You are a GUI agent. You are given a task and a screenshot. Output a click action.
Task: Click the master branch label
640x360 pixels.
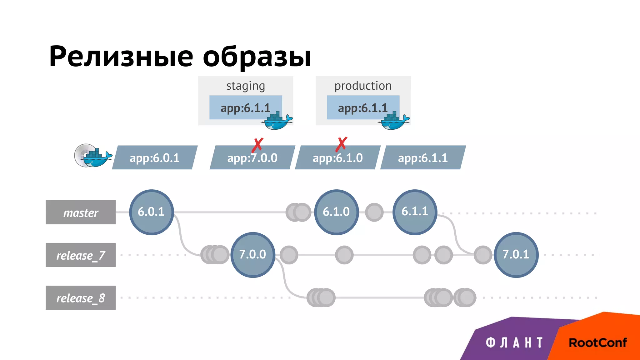point(81,212)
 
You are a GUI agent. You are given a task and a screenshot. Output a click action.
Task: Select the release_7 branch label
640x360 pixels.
point(81,255)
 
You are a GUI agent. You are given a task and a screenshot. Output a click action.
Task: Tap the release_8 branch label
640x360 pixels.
point(81,298)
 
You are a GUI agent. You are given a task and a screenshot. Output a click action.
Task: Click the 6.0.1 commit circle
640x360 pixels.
point(152,212)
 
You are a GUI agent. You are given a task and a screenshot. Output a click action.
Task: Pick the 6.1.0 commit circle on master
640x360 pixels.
point(336,212)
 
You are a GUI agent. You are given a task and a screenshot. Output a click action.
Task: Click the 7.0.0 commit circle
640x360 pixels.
point(253,254)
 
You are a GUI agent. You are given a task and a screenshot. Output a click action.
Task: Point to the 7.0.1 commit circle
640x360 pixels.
point(516,254)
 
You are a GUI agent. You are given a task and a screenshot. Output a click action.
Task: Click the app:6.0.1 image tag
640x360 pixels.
point(155,158)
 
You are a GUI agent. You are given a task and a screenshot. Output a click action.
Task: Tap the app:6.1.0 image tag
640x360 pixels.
point(337,158)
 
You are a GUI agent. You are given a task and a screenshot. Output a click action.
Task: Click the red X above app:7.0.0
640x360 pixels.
point(258,145)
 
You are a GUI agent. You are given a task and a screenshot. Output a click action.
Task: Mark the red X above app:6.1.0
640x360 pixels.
point(342,144)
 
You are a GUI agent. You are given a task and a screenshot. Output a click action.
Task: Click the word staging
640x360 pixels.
point(246,86)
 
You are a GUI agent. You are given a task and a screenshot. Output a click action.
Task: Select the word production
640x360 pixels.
point(363,86)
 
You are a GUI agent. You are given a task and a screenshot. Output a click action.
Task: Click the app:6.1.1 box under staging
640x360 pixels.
point(246,108)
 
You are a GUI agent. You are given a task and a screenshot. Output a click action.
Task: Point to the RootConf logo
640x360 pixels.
point(597,343)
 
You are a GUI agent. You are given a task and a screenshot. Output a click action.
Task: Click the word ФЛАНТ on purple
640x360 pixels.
point(514,343)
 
